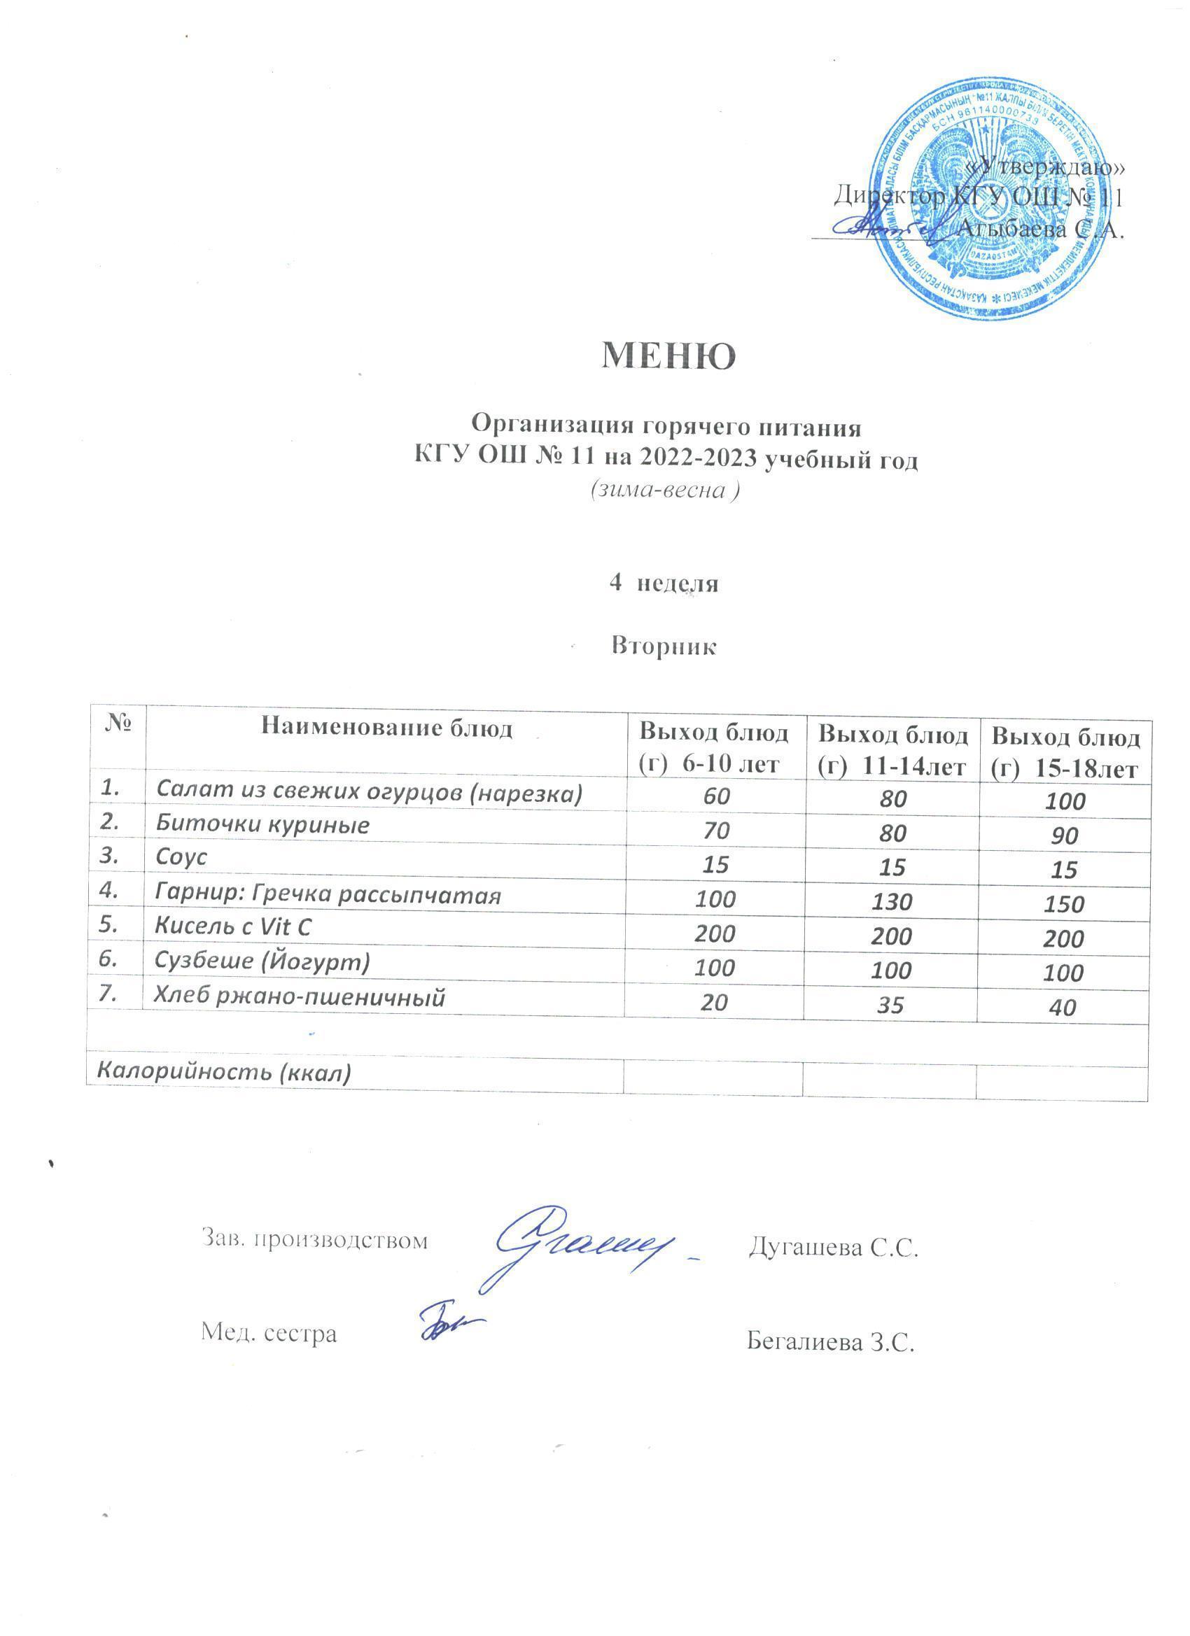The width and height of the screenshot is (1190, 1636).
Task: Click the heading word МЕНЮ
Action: (x=668, y=356)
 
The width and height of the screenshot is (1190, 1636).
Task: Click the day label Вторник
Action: (x=664, y=646)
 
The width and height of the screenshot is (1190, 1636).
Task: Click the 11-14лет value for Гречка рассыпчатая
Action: (x=892, y=902)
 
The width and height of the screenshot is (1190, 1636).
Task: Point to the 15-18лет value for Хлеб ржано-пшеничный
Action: (x=1063, y=1008)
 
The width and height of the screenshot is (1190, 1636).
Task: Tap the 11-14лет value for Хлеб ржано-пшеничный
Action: (x=892, y=1005)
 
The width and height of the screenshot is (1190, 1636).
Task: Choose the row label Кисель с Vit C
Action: (x=233, y=927)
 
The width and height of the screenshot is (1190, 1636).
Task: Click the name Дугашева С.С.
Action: (x=834, y=1247)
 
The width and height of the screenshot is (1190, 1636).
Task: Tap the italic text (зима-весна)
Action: (x=664, y=490)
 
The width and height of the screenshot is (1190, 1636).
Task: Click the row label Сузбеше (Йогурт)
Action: (x=262, y=961)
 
